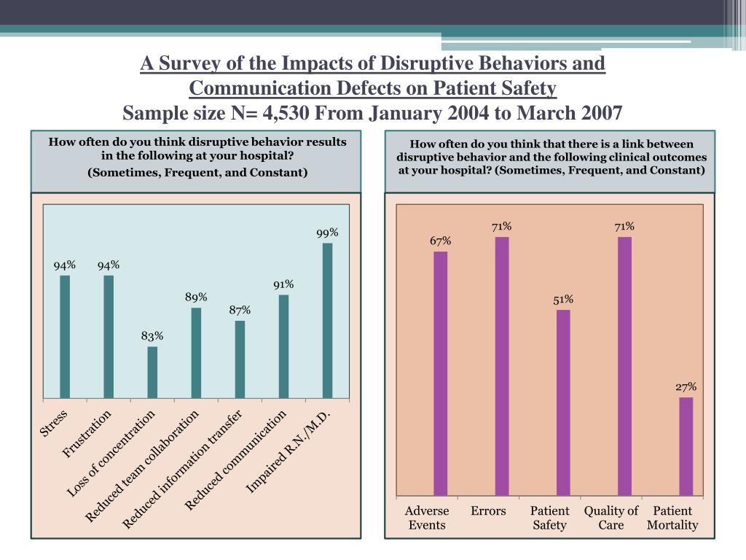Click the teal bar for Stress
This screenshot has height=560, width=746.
pyautogui.click(x=65, y=337)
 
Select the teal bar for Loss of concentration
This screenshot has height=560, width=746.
pyautogui.click(x=152, y=373)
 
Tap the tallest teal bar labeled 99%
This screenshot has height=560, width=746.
pyautogui.click(x=327, y=321)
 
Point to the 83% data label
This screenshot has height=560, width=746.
pyautogui.click(x=152, y=336)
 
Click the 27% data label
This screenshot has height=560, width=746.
pyautogui.click(x=686, y=386)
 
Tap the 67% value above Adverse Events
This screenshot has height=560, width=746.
pyautogui.click(x=440, y=241)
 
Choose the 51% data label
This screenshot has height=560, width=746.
pyautogui.click(x=563, y=299)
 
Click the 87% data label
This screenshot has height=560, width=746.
pyautogui.click(x=240, y=310)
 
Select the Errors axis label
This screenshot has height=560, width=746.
pyautogui.click(x=488, y=511)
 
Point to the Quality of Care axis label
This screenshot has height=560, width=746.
pyautogui.click(x=610, y=518)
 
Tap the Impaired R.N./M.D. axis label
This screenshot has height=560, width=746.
pyautogui.click(x=289, y=451)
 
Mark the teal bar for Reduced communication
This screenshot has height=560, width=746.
pyautogui.click(x=283, y=346)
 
